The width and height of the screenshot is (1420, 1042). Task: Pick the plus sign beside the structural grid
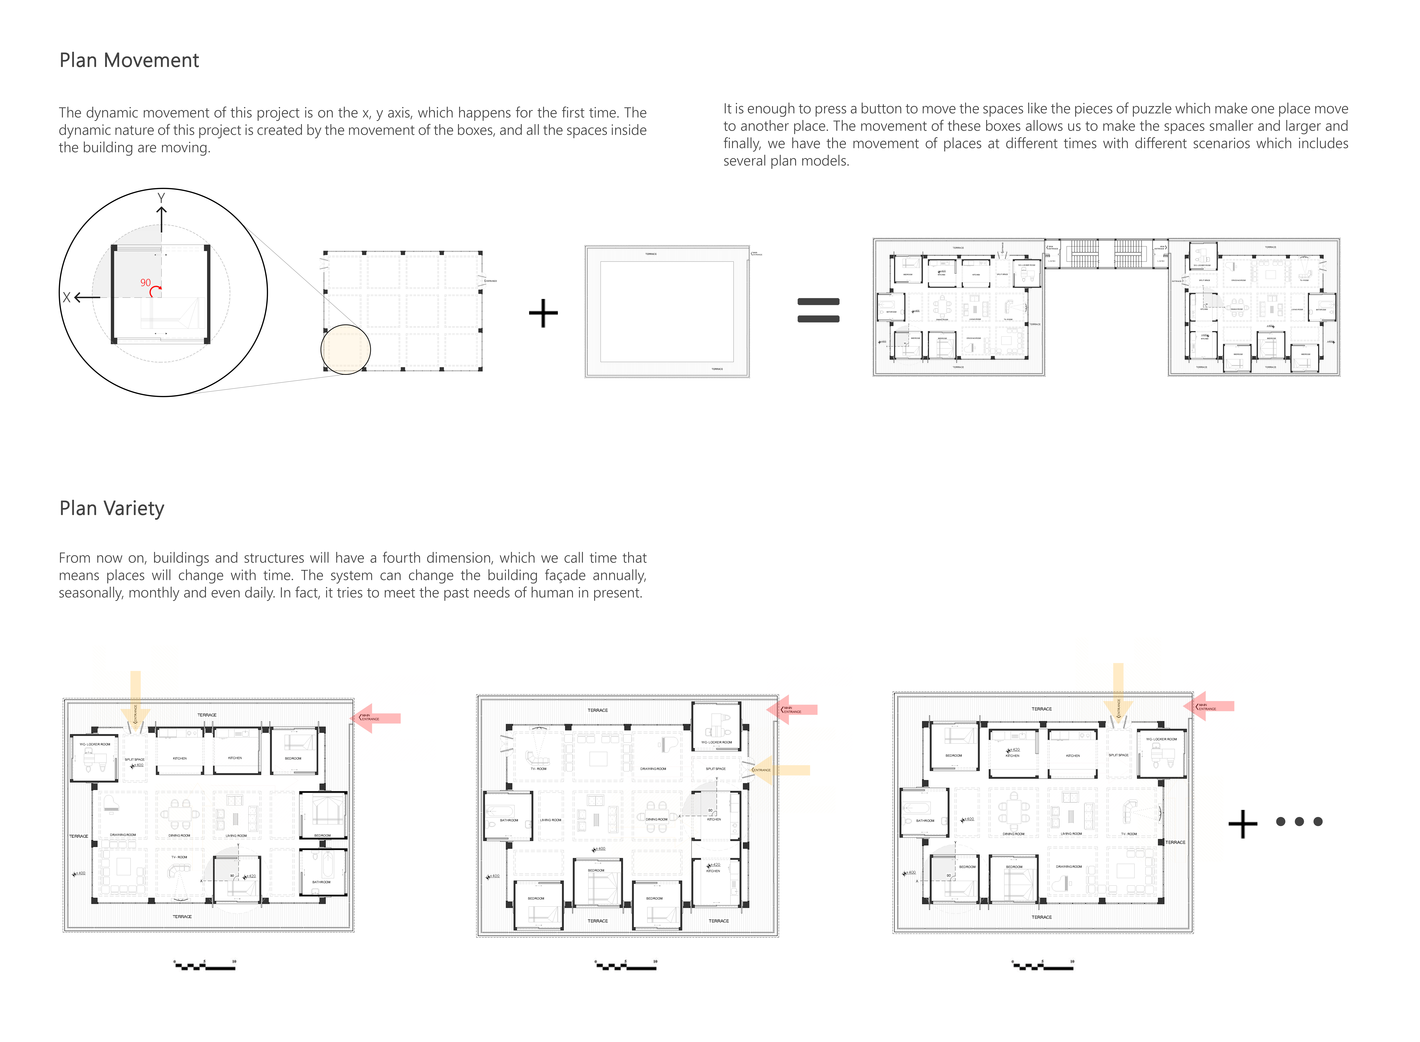pos(543,313)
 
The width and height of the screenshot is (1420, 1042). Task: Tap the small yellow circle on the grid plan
pos(346,349)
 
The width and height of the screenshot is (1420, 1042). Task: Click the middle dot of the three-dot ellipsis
pos(1299,821)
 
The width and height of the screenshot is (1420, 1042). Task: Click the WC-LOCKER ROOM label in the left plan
pos(95,744)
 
